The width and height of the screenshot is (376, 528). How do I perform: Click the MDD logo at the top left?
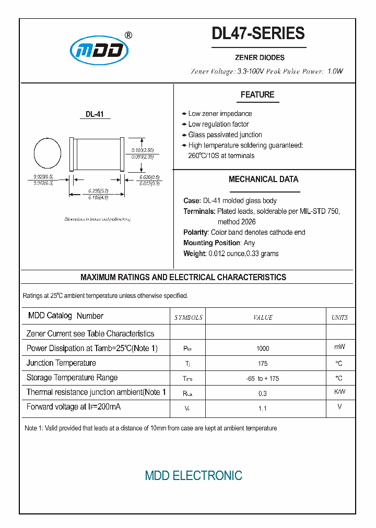99,51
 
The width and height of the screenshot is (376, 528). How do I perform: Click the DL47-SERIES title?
258,33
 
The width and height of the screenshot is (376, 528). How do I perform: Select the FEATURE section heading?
257,94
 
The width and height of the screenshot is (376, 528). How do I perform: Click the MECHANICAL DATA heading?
263,179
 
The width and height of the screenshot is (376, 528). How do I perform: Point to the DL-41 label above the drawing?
95,114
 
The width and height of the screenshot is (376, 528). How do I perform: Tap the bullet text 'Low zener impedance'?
220,114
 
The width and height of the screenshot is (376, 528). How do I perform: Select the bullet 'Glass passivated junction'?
225,135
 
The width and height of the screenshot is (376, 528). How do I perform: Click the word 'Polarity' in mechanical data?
196,232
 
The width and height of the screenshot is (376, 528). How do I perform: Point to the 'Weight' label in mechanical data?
194,254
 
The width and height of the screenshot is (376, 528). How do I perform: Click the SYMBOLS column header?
188,317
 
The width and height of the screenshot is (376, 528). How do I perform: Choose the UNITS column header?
339,317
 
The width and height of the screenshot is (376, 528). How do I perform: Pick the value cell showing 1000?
263,349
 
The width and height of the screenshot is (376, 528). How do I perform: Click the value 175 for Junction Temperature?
263,363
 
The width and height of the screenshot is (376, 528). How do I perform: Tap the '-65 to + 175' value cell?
263,378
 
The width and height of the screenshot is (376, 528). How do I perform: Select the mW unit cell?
339,347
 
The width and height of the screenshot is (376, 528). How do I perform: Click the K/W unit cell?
339,391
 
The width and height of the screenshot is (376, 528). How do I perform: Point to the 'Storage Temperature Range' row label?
72,377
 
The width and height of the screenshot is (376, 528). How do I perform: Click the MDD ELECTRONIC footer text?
193,475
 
